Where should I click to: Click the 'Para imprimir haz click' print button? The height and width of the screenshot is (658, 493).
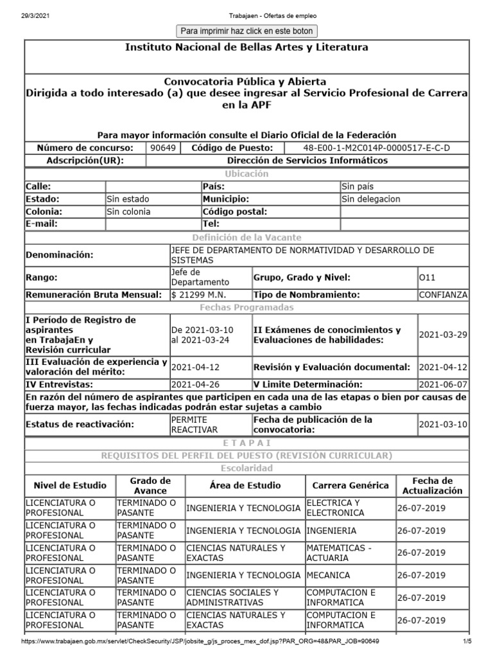coord(246,31)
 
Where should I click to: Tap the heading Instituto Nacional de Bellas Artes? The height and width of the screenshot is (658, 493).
coord(246,48)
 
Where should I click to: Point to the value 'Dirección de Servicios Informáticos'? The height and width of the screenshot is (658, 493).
coord(307,161)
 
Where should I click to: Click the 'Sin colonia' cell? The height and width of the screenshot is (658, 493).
coord(128,211)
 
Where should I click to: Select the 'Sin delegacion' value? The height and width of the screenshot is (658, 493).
coord(370,199)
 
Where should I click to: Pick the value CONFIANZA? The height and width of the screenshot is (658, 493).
coord(443,294)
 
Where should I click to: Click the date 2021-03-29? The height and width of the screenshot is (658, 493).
coord(443,335)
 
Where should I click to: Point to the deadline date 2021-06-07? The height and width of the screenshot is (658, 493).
coord(443,384)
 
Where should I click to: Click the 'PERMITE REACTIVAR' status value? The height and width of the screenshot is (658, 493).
coord(195,424)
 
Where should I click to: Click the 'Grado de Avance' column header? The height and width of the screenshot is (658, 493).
coord(150,485)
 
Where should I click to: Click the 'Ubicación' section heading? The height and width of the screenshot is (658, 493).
coord(246,174)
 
